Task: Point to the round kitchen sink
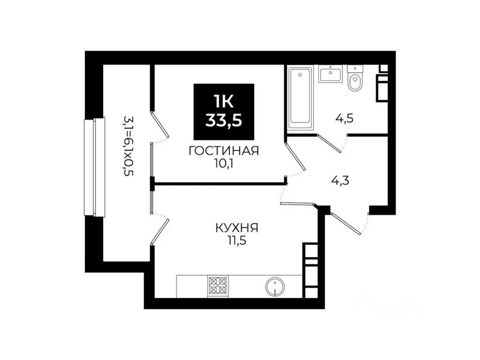coord(274,285)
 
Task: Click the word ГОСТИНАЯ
coord(224,151)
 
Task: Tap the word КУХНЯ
coord(237,228)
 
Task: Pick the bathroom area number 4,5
coord(344,118)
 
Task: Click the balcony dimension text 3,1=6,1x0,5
coord(128,145)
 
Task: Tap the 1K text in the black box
coord(224,100)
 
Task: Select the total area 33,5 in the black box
coord(224,120)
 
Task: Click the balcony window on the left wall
coord(94,166)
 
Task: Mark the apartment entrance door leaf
coord(346,223)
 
